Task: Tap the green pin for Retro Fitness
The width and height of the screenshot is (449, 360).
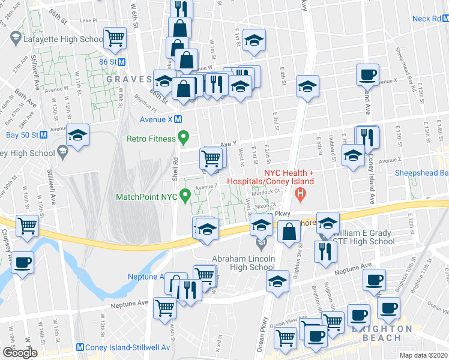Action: (185, 139)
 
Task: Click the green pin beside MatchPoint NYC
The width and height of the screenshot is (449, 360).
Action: (185, 194)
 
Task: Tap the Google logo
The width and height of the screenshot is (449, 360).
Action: (20, 353)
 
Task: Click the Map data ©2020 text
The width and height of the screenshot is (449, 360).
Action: (423, 355)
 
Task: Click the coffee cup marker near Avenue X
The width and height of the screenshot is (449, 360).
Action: (367, 76)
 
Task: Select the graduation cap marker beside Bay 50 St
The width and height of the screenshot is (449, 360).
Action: (77, 136)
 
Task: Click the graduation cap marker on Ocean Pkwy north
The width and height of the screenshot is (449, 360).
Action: (307, 87)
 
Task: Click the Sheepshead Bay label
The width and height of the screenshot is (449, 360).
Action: (421, 172)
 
